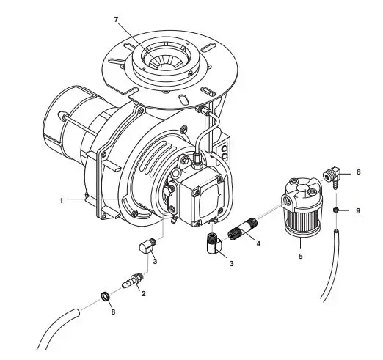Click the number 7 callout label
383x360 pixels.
click(116, 18)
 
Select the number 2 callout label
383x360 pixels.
click(143, 293)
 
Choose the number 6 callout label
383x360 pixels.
click(358, 172)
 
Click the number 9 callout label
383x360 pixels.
click(358, 210)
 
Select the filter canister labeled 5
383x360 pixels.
click(301, 213)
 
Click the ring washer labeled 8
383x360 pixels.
click(105, 297)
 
